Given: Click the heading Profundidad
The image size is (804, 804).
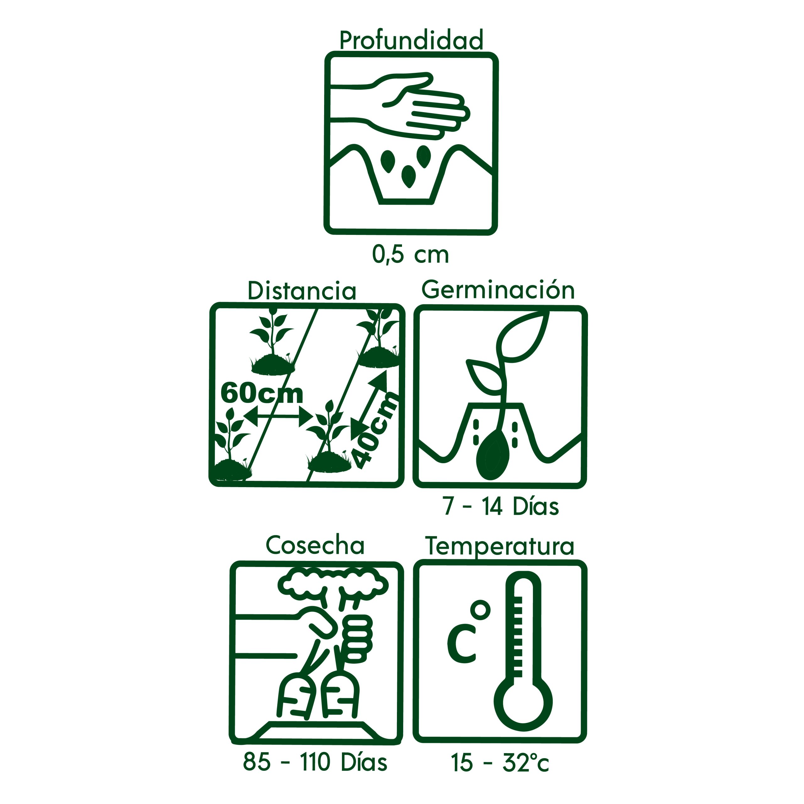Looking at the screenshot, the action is [x=411, y=41].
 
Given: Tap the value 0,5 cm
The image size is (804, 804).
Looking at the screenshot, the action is [x=410, y=254].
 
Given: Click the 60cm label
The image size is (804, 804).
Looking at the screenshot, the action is [x=261, y=393].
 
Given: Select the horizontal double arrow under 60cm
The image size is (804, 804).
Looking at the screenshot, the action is [x=278, y=416].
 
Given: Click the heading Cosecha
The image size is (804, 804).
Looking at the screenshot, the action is [x=315, y=545].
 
